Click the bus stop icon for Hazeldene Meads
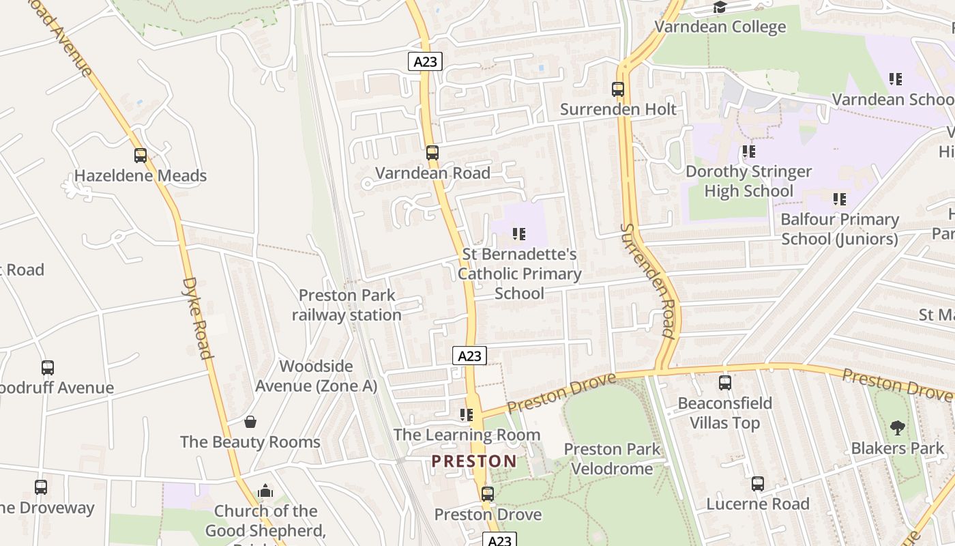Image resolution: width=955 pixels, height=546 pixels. (x=141, y=156)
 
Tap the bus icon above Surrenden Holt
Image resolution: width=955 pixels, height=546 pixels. (x=618, y=89)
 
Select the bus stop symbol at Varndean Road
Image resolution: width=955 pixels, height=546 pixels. (x=432, y=153)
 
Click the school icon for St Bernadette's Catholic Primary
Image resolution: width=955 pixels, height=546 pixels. (x=519, y=234)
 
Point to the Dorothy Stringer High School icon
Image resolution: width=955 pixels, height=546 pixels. (x=749, y=152)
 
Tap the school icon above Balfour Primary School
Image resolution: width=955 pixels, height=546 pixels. (x=840, y=199)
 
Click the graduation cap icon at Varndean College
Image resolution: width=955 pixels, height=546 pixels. (x=720, y=8)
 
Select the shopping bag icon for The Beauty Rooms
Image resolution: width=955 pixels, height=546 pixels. (x=250, y=422)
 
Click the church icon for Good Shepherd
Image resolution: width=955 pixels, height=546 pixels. (x=265, y=491)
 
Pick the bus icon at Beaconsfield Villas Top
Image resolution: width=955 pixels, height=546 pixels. (x=725, y=383)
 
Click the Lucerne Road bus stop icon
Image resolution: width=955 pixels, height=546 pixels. (x=758, y=484)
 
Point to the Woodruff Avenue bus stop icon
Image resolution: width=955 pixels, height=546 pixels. (x=48, y=368)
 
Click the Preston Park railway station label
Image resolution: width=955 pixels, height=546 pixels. (x=347, y=305)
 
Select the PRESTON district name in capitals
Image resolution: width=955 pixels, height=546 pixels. (x=474, y=461)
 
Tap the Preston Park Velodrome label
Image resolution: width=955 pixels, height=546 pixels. (x=612, y=459)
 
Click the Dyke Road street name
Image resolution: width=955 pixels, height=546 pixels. (x=198, y=317)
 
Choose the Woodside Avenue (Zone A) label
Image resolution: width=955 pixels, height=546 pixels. (x=316, y=376)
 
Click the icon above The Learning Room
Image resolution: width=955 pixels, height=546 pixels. (x=467, y=415)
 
